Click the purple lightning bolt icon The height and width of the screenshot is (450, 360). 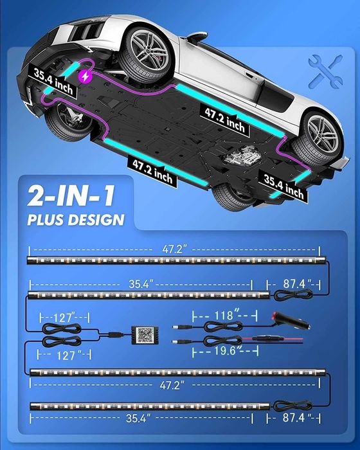85,76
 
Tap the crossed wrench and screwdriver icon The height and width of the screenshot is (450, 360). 326,72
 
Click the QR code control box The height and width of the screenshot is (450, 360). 145,335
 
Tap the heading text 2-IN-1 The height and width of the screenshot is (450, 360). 71,195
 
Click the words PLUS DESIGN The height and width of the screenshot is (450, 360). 76,220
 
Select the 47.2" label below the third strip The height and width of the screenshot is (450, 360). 172,385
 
